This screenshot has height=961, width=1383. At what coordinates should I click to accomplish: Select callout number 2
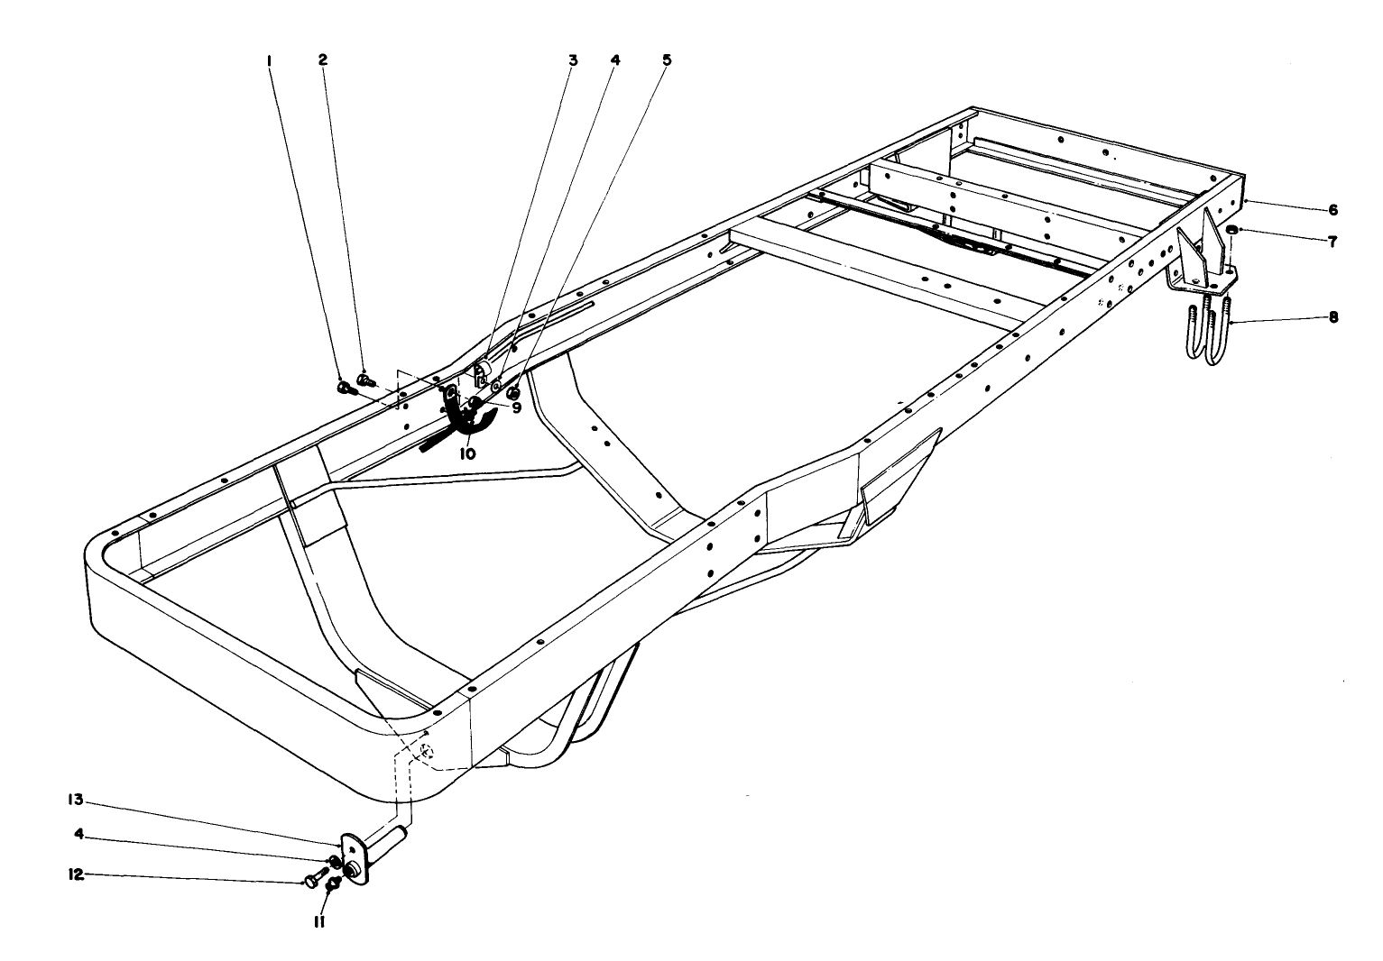pos(322,59)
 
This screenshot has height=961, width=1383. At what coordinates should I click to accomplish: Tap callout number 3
pos(572,60)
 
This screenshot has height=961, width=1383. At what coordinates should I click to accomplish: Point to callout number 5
pos(666,60)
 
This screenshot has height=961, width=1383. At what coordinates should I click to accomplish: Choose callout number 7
pos(1332,242)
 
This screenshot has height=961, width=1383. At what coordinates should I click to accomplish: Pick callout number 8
pos(1332,317)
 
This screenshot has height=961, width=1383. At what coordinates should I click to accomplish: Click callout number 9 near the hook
pos(516,407)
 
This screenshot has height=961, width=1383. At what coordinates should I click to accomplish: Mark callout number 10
pos(466,454)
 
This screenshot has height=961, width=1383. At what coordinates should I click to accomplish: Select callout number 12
pos(78,874)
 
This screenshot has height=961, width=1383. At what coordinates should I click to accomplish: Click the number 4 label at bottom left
pos(80,834)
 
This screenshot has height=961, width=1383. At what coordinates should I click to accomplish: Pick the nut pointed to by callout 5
pos(512,393)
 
